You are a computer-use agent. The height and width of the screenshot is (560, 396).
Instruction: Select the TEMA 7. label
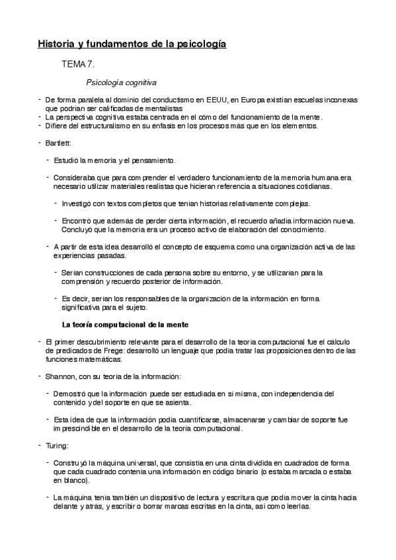[78, 65]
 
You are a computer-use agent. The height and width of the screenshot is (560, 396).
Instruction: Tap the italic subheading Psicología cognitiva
[121, 83]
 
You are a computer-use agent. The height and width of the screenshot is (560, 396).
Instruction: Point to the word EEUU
[215, 100]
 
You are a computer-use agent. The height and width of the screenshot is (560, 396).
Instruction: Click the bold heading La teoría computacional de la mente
[125, 324]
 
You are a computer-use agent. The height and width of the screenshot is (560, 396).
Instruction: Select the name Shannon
[61, 376]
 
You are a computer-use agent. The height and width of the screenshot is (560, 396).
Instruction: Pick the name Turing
[56, 445]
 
